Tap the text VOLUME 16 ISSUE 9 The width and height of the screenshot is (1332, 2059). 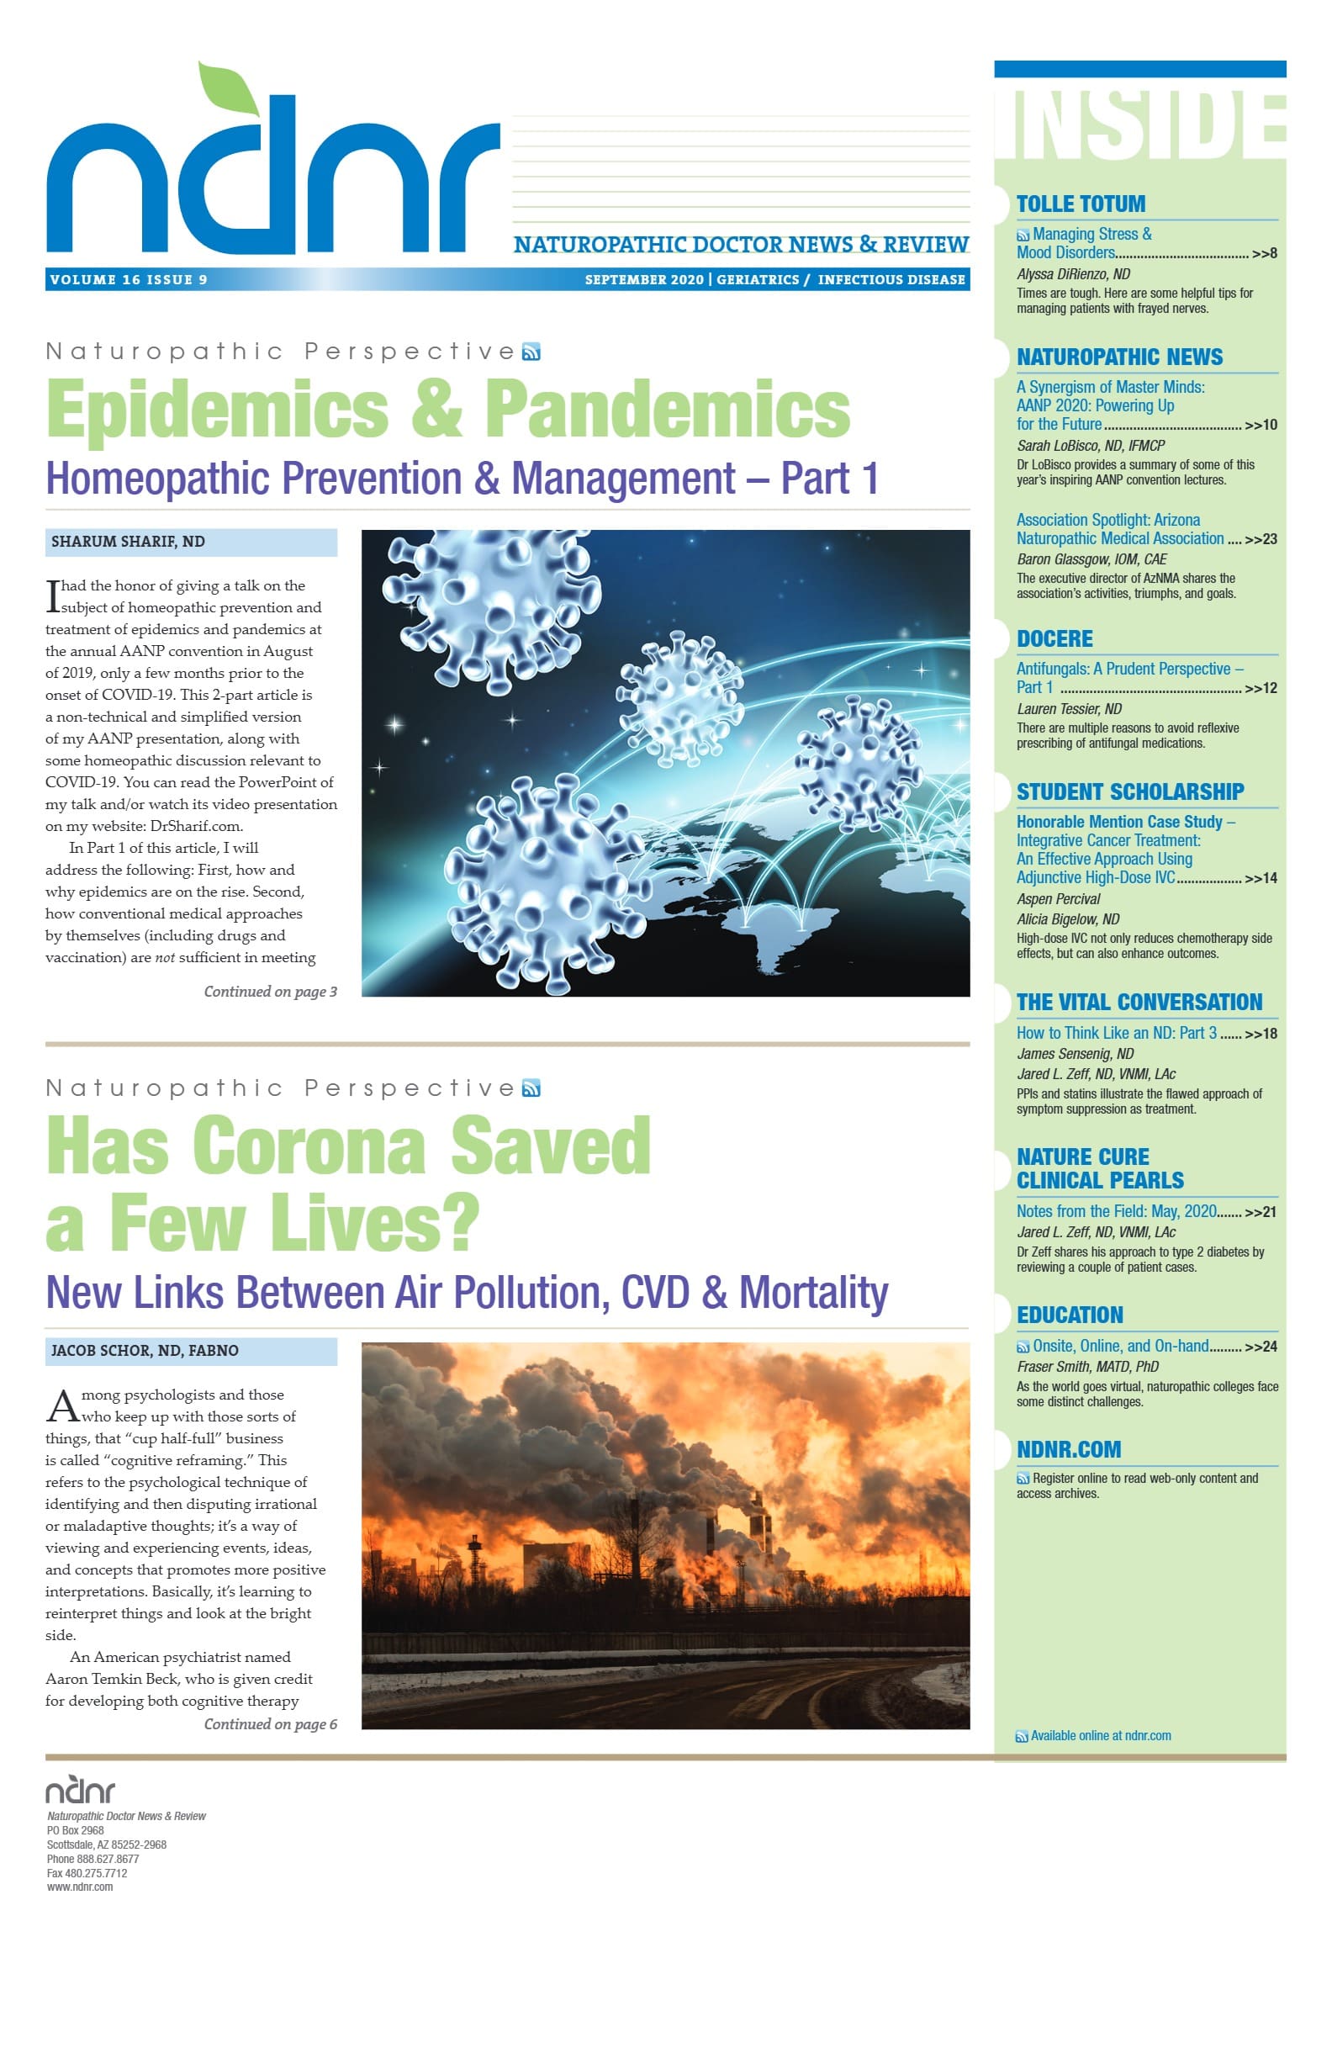coord(129,279)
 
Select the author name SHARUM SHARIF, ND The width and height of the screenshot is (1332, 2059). coord(128,542)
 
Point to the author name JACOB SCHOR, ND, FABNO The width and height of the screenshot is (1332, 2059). coord(145,1351)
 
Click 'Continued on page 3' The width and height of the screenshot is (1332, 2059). coord(270,992)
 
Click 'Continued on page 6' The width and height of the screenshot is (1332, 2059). coord(270,1724)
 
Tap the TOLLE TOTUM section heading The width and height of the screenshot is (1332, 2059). coord(1081,204)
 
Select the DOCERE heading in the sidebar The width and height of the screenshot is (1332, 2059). coord(1054,639)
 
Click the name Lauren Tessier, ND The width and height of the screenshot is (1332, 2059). coord(1069,709)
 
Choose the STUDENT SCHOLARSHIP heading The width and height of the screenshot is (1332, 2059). coord(1129,791)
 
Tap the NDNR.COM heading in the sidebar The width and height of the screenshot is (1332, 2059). coord(1068,1449)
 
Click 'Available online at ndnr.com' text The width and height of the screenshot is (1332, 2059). coord(1100,1735)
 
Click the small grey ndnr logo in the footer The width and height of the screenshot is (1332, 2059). coord(80,1791)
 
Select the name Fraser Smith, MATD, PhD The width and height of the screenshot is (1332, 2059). coord(1087,1367)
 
